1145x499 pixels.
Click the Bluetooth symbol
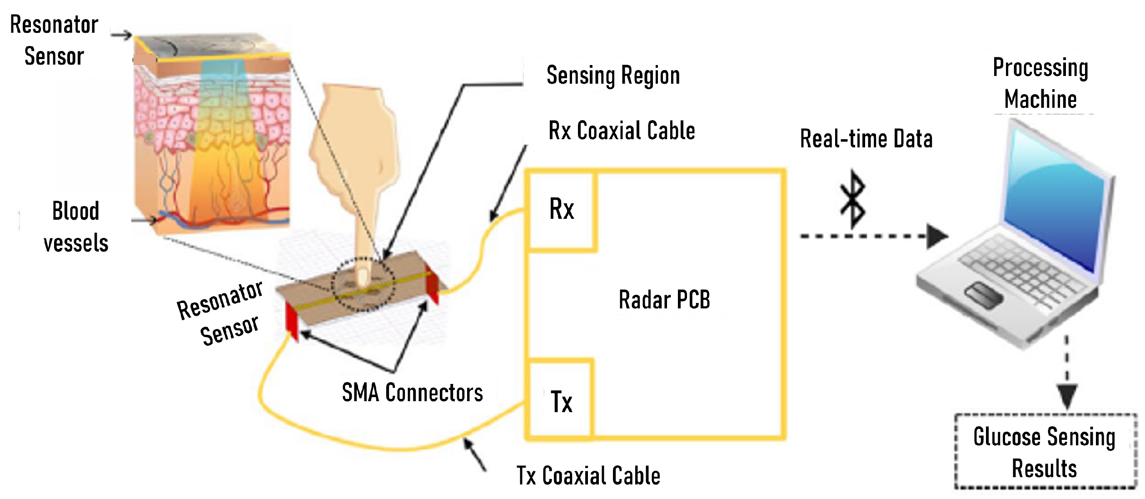[x=852, y=200]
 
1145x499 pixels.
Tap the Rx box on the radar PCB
[x=562, y=210]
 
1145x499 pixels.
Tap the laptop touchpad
[x=984, y=294]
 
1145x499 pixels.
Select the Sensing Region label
[x=613, y=76]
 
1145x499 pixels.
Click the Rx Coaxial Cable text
[x=621, y=131]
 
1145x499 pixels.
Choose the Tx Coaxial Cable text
[x=588, y=476]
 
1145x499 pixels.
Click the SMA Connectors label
[x=412, y=393]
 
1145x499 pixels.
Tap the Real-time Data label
[x=866, y=139]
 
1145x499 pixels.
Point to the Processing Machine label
[x=1040, y=83]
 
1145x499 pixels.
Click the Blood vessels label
[x=76, y=227]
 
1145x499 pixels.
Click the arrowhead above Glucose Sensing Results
[x=1066, y=396]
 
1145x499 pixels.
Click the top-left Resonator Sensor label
[x=54, y=40]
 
